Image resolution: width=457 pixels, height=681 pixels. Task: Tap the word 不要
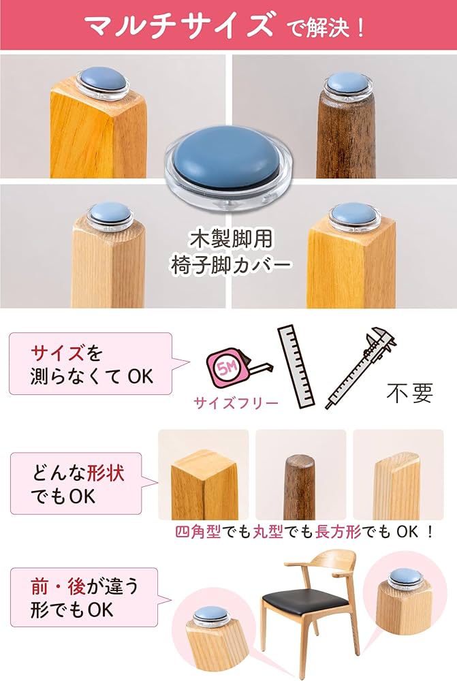pyautogui.click(x=409, y=393)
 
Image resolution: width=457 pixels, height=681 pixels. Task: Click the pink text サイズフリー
pyautogui.click(x=236, y=402)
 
